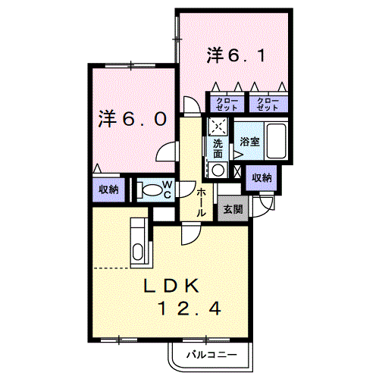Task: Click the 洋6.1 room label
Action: (236, 55)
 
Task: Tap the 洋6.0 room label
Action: (133, 118)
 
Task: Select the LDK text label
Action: (171, 286)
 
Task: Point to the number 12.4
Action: (189, 309)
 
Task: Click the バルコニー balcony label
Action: (211, 355)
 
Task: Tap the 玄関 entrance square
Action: (233, 208)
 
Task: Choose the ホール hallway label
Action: (201, 202)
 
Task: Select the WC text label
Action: (168, 189)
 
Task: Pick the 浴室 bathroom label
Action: (249, 142)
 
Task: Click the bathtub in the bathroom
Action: (277, 141)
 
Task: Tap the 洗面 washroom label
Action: (218, 149)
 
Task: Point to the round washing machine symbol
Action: (218, 170)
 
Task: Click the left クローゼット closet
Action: (227, 104)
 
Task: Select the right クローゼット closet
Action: (268, 104)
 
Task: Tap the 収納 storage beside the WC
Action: (108, 189)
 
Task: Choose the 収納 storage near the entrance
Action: (262, 178)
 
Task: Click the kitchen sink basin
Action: (138, 251)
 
